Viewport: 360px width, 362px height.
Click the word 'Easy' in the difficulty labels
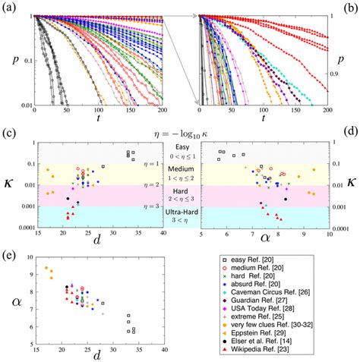(180, 147)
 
